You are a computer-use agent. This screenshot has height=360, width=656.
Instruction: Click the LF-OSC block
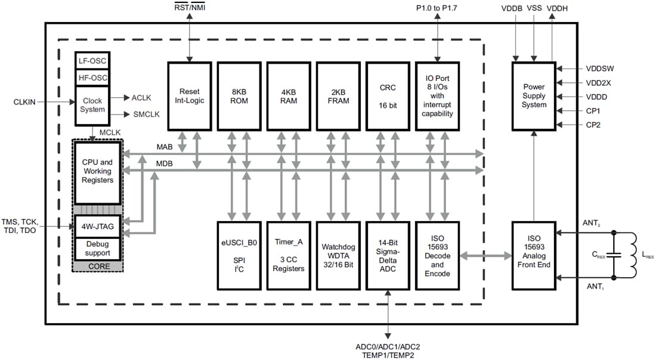click(92, 60)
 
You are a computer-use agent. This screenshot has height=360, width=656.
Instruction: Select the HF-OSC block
click(92, 77)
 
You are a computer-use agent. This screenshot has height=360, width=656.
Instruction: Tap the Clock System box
click(92, 105)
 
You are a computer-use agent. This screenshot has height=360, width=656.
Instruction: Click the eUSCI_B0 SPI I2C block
click(239, 255)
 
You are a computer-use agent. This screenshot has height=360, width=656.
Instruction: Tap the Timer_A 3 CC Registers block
click(288, 255)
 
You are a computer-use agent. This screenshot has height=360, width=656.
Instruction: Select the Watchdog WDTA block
click(338, 255)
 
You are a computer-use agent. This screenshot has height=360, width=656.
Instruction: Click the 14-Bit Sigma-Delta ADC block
click(387, 255)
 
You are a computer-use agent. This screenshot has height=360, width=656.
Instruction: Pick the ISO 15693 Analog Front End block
click(533, 255)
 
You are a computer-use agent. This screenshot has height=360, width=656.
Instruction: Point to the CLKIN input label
click(24, 102)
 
